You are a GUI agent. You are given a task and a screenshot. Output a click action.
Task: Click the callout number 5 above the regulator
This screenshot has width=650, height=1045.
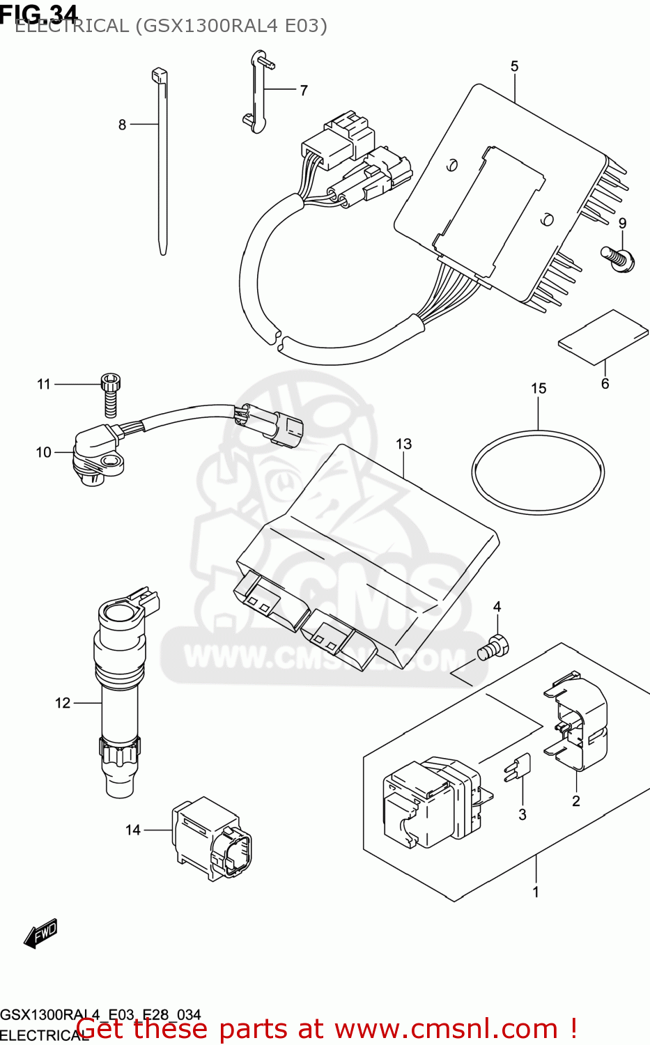[514, 66]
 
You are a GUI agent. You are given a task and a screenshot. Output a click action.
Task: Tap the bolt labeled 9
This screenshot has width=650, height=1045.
[618, 258]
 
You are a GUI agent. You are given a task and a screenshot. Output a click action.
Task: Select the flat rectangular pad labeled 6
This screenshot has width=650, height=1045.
[603, 337]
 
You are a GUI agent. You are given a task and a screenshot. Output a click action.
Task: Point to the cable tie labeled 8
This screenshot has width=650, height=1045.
[162, 160]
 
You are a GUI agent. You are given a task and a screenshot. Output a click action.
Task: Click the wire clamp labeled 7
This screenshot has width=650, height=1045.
[257, 91]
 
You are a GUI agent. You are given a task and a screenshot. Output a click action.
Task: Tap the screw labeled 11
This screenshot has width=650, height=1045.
[111, 393]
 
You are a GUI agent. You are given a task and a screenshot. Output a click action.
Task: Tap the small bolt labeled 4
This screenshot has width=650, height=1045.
[494, 647]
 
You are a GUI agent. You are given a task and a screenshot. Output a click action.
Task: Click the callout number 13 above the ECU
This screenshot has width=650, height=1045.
[403, 444]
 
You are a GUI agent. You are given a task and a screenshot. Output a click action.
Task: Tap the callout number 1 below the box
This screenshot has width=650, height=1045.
[536, 892]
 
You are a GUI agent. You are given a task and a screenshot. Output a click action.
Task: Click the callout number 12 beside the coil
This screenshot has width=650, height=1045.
[63, 703]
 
